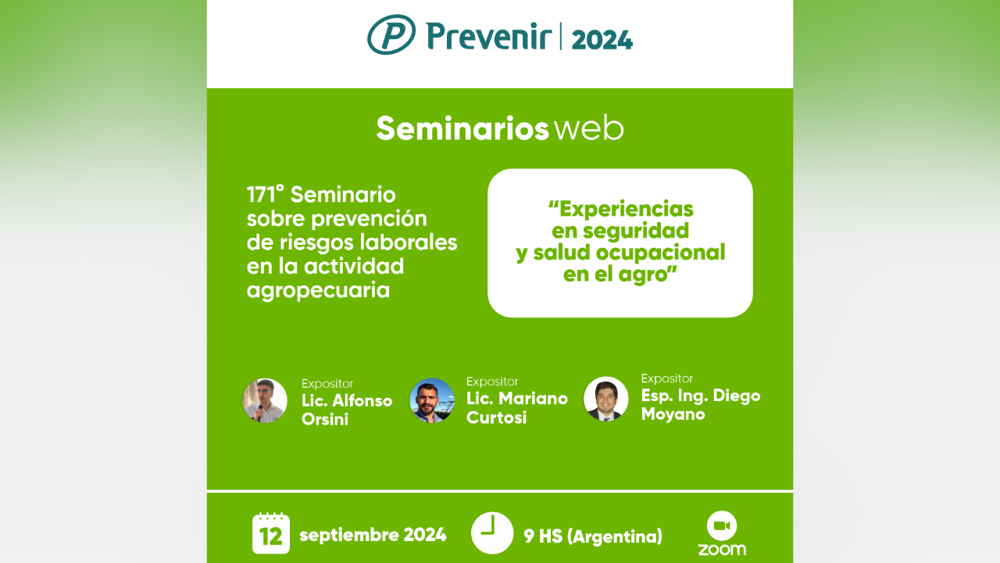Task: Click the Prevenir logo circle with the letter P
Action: pyautogui.click(x=391, y=34)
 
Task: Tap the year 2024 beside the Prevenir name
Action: pyautogui.click(x=602, y=40)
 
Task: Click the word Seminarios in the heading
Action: pyautogui.click(x=462, y=129)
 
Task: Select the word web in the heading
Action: pyautogui.click(x=589, y=129)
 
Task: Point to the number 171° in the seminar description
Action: pyautogui.click(x=265, y=195)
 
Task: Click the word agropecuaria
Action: pyautogui.click(x=318, y=291)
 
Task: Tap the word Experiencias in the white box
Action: pyautogui.click(x=621, y=209)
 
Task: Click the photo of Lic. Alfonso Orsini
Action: pyautogui.click(x=265, y=400)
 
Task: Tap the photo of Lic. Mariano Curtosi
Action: pyautogui.click(x=432, y=401)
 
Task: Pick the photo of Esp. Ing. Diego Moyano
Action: pyautogui.click(x=605, y=399)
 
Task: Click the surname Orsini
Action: pyautogui.click(x=325, y=420)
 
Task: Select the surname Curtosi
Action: pyautogui.click(x=496, y=418)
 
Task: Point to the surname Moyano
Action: pyautogui.click(x=673, y=414)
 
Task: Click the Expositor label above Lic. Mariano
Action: pyautogui.click(x=492, y=382)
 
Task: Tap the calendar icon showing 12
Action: pyautogui.click(x=271, y=533)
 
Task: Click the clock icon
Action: pyautogui.click(x=492, y=533)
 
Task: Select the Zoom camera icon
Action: pyautogui.click(x=722, y=525)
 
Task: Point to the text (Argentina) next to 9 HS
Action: pyautogui.click(x=615, y=536)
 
